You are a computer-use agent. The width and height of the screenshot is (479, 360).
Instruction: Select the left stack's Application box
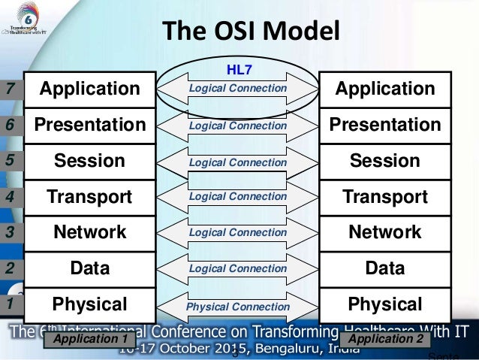tap(89, 89)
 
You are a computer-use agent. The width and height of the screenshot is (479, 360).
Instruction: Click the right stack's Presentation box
tap(387, 124)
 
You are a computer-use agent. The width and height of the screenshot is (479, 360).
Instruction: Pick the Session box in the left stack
tap(89, 161)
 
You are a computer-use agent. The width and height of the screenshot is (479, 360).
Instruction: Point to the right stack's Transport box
tap(387, 197)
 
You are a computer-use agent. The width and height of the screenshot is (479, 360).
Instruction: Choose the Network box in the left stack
tap(89, 233)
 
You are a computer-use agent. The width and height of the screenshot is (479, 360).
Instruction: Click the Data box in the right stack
tap(387, 268)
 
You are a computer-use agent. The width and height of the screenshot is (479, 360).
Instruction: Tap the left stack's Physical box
tap(89, 304)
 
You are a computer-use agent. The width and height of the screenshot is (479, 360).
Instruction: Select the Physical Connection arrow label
tap(237, 307)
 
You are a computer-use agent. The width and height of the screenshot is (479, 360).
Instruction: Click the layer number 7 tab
tap(11, 89)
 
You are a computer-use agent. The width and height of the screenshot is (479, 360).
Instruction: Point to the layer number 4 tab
tap(11, 198)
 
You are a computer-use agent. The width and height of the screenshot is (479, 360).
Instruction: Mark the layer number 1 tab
tap(11, 305)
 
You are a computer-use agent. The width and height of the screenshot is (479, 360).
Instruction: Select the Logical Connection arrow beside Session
tap(237, 162)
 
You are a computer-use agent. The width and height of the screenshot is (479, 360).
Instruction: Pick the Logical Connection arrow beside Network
tap(237, 233)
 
